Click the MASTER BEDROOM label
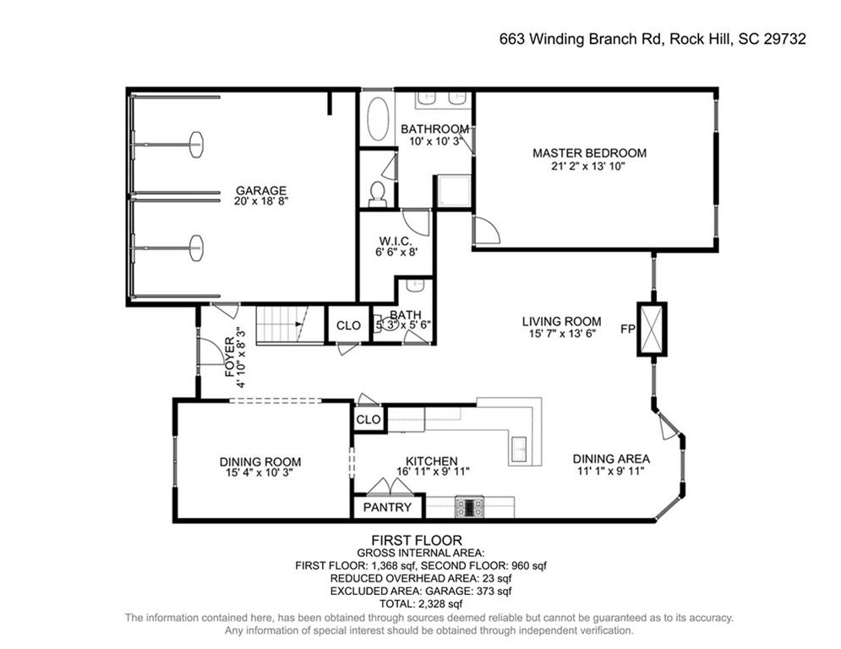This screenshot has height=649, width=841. [589, 153]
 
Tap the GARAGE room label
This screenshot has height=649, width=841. [261, 190]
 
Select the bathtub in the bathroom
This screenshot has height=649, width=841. [378, 119]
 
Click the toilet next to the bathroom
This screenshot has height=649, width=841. [378, 194]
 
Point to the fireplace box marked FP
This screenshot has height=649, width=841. [652, 329]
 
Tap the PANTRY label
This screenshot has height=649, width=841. [387, 507]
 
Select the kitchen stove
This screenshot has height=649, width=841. [469, 507]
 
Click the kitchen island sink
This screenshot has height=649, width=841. [520, 449]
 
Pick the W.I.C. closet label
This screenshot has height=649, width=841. [396, 242]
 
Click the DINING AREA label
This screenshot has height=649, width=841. [611, 459]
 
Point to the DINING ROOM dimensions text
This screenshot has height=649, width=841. [259, 473]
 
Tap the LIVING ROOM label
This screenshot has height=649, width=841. [561, 322]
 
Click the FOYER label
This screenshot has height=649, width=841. [230, 357]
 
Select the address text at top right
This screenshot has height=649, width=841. [653, 39]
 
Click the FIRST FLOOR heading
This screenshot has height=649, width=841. [417, 540]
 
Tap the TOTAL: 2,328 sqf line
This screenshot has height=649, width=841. [421, 604]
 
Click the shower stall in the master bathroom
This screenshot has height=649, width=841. [454, 191]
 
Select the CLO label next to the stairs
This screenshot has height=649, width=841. [348, 325]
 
